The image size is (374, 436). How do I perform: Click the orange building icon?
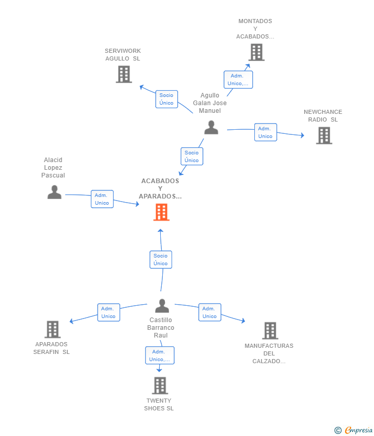click(x=161, y=212)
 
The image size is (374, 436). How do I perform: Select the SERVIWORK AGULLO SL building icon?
click(x=124, y=74)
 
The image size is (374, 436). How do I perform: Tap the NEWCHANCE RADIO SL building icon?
click(x=324, y=135)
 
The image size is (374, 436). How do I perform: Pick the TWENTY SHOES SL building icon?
click(x=160, y=385)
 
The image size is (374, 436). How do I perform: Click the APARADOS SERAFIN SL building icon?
click(x=52, y=329)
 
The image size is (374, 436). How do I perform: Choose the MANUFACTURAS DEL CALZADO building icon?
click(x=270, y=331)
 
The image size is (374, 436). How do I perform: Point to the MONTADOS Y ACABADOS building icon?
click(x=256, y=52)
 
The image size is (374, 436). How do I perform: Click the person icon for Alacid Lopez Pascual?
click(x=54, y=192)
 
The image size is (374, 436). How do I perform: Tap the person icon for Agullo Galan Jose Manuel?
click(x=211, y=127)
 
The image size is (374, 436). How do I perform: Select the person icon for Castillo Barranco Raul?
click(x=162, y=306)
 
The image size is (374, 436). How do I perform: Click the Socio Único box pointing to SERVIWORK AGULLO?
click(x=166, y=99)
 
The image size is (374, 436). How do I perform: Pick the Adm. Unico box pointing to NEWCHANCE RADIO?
click(x=266, y=132)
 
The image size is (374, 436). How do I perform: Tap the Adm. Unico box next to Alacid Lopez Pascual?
click(x=102, y=199)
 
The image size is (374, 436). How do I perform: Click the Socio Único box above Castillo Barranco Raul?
click(x=161, y=260)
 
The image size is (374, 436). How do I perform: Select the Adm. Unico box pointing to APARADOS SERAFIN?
click(x=108, y=312)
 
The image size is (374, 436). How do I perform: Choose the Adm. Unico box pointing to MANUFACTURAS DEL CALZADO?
click(x=210, y=312)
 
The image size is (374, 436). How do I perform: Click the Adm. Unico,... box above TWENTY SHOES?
click(x=160, y=355)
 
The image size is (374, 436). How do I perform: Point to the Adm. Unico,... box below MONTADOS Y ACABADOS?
click(x=238, y=80)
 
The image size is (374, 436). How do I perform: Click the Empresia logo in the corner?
click(x=353, y=430)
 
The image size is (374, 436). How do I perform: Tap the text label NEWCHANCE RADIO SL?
click(x=323, y=116)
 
